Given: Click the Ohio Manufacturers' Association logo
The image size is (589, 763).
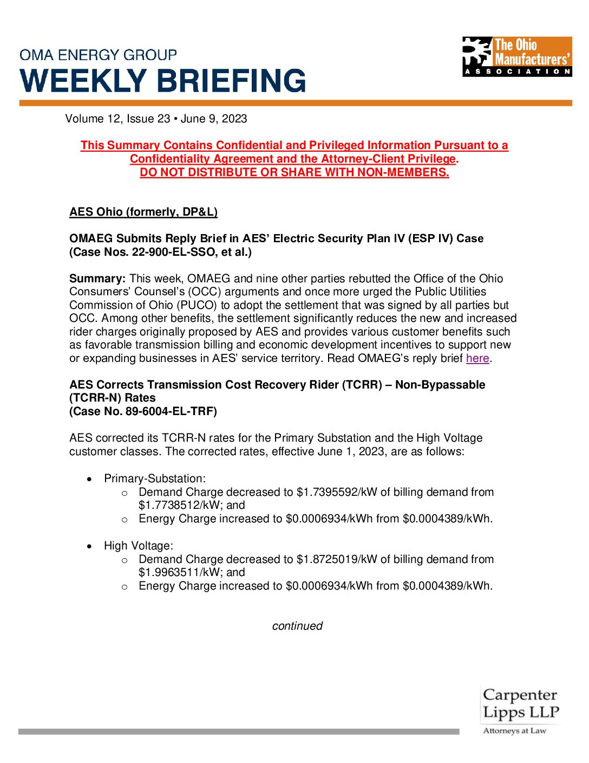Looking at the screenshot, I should (x=517, y=56).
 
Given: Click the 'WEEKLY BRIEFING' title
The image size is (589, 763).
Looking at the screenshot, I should (x=163, y=81).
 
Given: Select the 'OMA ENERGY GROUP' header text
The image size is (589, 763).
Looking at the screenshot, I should (x=98, y=55).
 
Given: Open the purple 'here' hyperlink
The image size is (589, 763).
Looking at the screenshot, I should (x=477, y=358).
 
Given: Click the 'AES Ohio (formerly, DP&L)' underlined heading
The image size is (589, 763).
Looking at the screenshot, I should (x=143, y=212).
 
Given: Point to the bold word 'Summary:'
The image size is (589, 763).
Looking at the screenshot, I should (x=97, y=279).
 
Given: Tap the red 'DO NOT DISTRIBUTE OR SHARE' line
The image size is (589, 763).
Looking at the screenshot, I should (x=294, y=172).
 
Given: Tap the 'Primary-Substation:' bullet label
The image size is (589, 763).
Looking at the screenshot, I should (x=155, y=479).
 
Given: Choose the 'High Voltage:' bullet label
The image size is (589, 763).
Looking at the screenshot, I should (x=139, y=546).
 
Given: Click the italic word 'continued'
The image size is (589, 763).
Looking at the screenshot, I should (x=297, y=626).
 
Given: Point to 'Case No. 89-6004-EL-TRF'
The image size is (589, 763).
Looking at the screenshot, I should (x=143, y=411).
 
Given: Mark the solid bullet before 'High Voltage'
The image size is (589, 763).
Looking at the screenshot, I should (x=89, y=546).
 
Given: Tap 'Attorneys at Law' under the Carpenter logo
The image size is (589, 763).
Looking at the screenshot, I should (x=514, y=731).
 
